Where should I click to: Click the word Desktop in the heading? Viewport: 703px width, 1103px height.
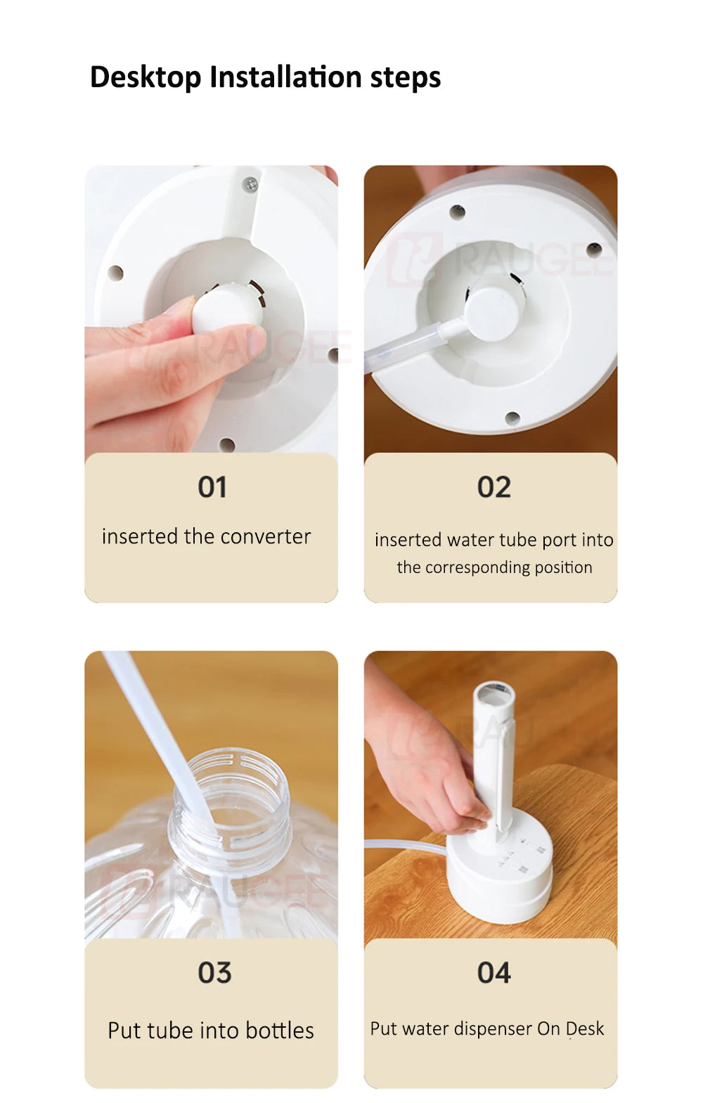[x=146, y=78]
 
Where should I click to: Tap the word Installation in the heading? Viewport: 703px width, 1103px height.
[x=286, y=77]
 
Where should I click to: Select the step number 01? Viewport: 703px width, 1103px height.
[x=212, y=487]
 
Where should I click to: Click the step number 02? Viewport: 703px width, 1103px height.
[x=494, y=487]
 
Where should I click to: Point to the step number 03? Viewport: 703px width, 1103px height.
[x=214, y=973]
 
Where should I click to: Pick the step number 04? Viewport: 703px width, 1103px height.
[x=494, y=973]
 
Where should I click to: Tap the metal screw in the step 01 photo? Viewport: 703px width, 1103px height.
[x=251, y=184]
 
